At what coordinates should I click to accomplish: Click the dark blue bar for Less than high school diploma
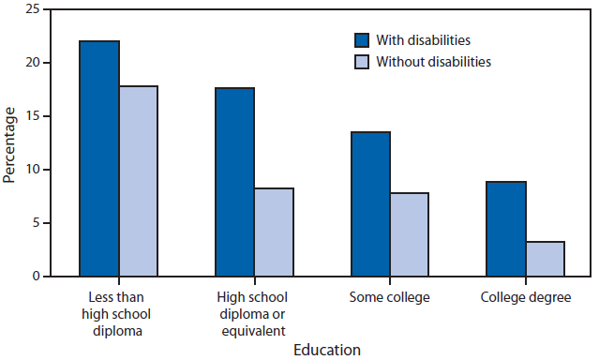(x=98, y=158)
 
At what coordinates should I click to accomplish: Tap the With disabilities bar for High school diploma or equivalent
(x=234, y=182)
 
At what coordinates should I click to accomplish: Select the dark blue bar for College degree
(x=506, y=229)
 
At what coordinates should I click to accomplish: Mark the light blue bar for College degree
(x=546, y=259)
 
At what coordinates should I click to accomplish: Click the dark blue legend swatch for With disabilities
(x=363, y=40)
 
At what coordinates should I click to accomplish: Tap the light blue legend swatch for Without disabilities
(x=363, y=62)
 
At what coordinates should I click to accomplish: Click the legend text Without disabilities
(x=433, y=62)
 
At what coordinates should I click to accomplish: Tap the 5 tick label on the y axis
(x=36, y=223)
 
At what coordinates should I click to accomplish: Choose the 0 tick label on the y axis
(x=36, y=277)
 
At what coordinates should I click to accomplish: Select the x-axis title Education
(x=326, y=350)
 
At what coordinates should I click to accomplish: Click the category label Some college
(x=390, y=297)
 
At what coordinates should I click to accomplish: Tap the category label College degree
(x=526, y=297)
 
